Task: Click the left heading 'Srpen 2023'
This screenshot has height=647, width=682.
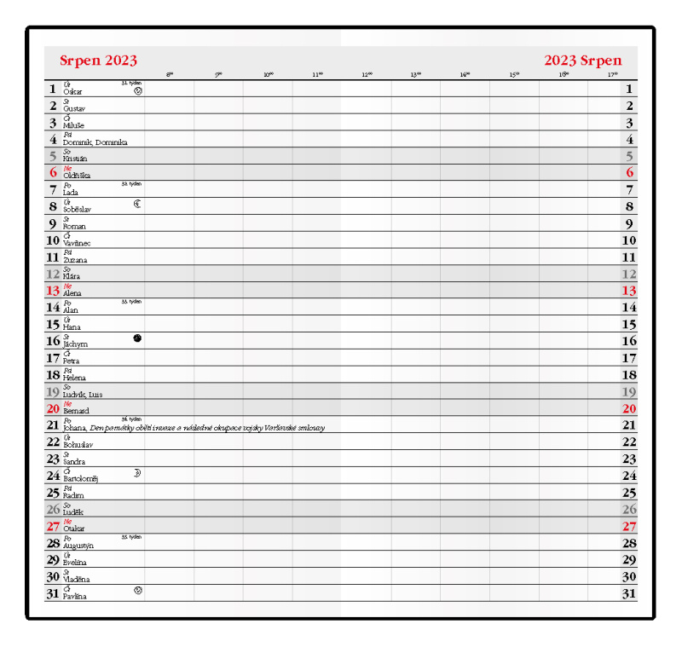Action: point(98,61)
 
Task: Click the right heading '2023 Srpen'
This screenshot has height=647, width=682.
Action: point(583,61)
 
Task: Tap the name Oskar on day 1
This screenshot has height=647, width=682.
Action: point(73,91)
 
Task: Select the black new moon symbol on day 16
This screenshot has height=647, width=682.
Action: point(137,338)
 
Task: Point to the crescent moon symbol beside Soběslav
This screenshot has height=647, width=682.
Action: point(137,204)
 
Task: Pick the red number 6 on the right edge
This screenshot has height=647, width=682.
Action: point(629,172)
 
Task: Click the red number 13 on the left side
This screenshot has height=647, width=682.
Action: point(53,291)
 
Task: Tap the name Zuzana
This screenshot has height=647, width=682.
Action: point(75,260)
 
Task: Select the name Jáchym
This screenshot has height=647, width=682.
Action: point(75,344)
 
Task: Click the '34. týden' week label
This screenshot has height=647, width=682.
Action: point(131,419)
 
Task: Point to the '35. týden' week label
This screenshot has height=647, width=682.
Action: point(131,537)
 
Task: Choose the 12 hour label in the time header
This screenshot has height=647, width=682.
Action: point(367,75)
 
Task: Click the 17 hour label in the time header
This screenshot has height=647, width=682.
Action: point(612,75)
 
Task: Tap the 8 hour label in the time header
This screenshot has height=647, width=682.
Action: point(170,75)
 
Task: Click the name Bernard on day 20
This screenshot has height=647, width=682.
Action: point(76,411)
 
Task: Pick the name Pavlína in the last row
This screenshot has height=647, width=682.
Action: point(75,596)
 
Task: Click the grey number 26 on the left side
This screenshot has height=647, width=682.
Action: point(53,510)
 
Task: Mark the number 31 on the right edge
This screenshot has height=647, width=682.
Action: point(629,594)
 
